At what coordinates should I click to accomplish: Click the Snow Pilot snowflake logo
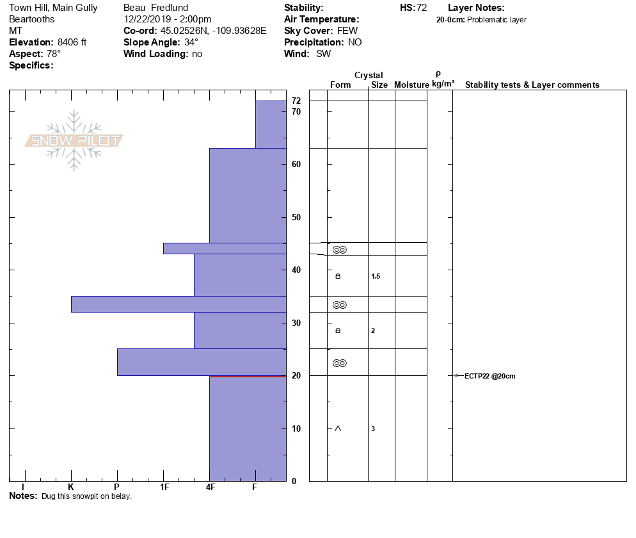(x=74, y=140)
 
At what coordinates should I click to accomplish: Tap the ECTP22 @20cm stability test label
(x=489, y=376)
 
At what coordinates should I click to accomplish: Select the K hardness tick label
(x=70, y=487)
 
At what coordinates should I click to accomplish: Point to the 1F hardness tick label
(x=164, y=487)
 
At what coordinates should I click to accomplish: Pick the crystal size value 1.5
(x=376, y=277)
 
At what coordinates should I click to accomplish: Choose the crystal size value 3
(x=373, y=428)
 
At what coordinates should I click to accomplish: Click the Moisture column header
(x=411, y=85)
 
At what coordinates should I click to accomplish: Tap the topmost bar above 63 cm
(x=271, y=124)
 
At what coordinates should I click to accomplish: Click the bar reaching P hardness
(x=201, y=362)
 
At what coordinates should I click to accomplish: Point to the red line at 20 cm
(x=248, y=377)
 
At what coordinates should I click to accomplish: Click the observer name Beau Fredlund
(x=155, y=8)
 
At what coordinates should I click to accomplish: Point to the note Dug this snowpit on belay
(x=86, y=496)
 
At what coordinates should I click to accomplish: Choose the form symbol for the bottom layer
(x=338, y=428)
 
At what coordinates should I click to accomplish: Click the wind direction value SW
(x=324, y=54)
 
